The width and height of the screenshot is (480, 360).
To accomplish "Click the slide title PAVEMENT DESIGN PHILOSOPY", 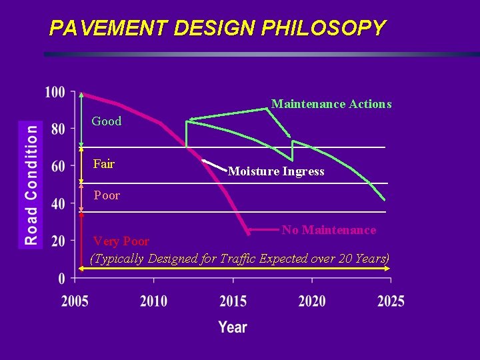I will [x=217, y=28].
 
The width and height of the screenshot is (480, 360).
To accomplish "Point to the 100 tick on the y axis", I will [x=55, y=92].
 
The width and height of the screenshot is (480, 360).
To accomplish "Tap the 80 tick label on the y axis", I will [x=59, y=129].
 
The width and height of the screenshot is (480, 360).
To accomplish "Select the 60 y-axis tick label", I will [x=59, y=167].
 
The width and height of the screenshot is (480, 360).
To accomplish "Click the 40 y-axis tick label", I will [x=59, y=203].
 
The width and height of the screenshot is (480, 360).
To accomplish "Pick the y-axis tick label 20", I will [x=59, y=240].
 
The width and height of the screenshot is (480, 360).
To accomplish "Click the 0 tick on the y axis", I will [x=62, y=277].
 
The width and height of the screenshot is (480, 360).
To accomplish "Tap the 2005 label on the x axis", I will [x=75, y=301].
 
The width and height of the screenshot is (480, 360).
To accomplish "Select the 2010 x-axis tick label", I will [x=154, y=301].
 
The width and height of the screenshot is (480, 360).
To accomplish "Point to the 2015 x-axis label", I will [x=233, y=301].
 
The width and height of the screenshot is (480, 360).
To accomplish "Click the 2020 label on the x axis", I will [x=311, y=301].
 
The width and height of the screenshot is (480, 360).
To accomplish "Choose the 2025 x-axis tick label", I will [x=390, y=301].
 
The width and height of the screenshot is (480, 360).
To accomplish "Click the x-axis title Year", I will [x=233, y=327].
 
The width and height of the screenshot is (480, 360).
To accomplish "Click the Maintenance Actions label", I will [x=331, y=104].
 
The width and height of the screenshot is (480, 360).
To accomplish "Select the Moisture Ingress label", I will [x=276, y=171].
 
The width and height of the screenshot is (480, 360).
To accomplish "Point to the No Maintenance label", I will [x=329, y=230].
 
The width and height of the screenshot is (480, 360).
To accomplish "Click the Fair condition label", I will [x=104, y=163].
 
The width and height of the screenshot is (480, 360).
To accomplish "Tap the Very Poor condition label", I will [x=121, y=241].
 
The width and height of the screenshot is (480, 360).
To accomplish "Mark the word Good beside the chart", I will [x=107, y=121].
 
